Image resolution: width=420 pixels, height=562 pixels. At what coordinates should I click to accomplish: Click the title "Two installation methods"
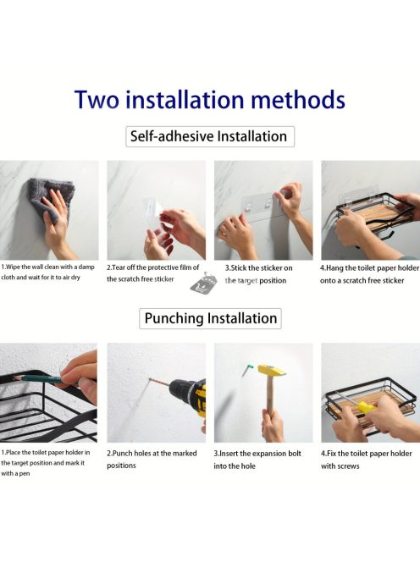point(210,99)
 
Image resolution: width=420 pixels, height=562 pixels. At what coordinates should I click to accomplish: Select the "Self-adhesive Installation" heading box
point(210,136)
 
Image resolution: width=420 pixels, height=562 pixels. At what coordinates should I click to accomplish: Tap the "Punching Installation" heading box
point(210,318)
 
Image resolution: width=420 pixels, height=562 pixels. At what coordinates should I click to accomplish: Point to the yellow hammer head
point(272,370)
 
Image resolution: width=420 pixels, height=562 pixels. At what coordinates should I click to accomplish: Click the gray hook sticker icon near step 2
point(204,282)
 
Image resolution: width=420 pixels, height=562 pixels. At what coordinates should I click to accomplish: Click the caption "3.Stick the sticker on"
point(258,268)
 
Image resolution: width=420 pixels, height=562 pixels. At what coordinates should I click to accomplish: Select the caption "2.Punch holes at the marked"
point(152,454)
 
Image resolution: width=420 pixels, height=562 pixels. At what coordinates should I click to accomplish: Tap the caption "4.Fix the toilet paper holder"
point(366,454)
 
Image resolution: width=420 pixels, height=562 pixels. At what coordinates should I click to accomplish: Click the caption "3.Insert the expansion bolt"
point(257,454)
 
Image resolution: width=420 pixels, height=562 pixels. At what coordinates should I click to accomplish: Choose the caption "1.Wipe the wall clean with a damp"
point(47,267)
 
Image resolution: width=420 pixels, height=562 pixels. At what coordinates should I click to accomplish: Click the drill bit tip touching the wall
point(151,379)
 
